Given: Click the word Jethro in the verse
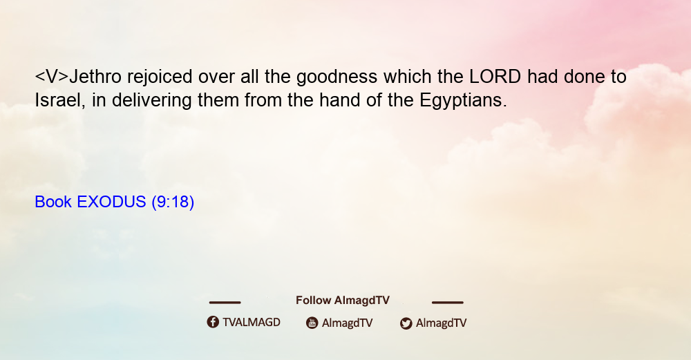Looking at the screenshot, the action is (x=95, y=77).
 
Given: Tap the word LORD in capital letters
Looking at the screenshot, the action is (x=495, y=77).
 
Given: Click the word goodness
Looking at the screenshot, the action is (x=337, y=77).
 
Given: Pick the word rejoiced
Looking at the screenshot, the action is (x=160, y=77).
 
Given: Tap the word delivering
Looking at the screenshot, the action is (x=151, y=100).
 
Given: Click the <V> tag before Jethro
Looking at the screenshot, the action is (x=52, y=77).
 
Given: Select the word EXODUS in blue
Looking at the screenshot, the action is (x=111, y=202).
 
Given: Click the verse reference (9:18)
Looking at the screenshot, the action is (x=173, y=202).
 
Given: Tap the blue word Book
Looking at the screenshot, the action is (x=53, y=202).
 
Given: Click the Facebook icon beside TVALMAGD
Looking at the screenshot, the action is (x=213, y=322).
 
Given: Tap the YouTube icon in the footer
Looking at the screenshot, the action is (x=312, y=323).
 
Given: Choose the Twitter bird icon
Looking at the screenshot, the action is (x=406, y=323).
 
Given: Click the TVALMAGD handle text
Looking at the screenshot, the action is (x=252, y=323).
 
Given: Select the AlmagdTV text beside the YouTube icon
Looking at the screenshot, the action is (x=348, y=323).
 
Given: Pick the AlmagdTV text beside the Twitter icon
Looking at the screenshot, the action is (x=441, y=323).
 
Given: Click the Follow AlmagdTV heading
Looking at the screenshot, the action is (x=343, y=301).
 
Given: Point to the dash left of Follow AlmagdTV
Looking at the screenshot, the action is (x=225, y=303).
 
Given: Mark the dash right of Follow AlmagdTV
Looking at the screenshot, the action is (x=448, y=303).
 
